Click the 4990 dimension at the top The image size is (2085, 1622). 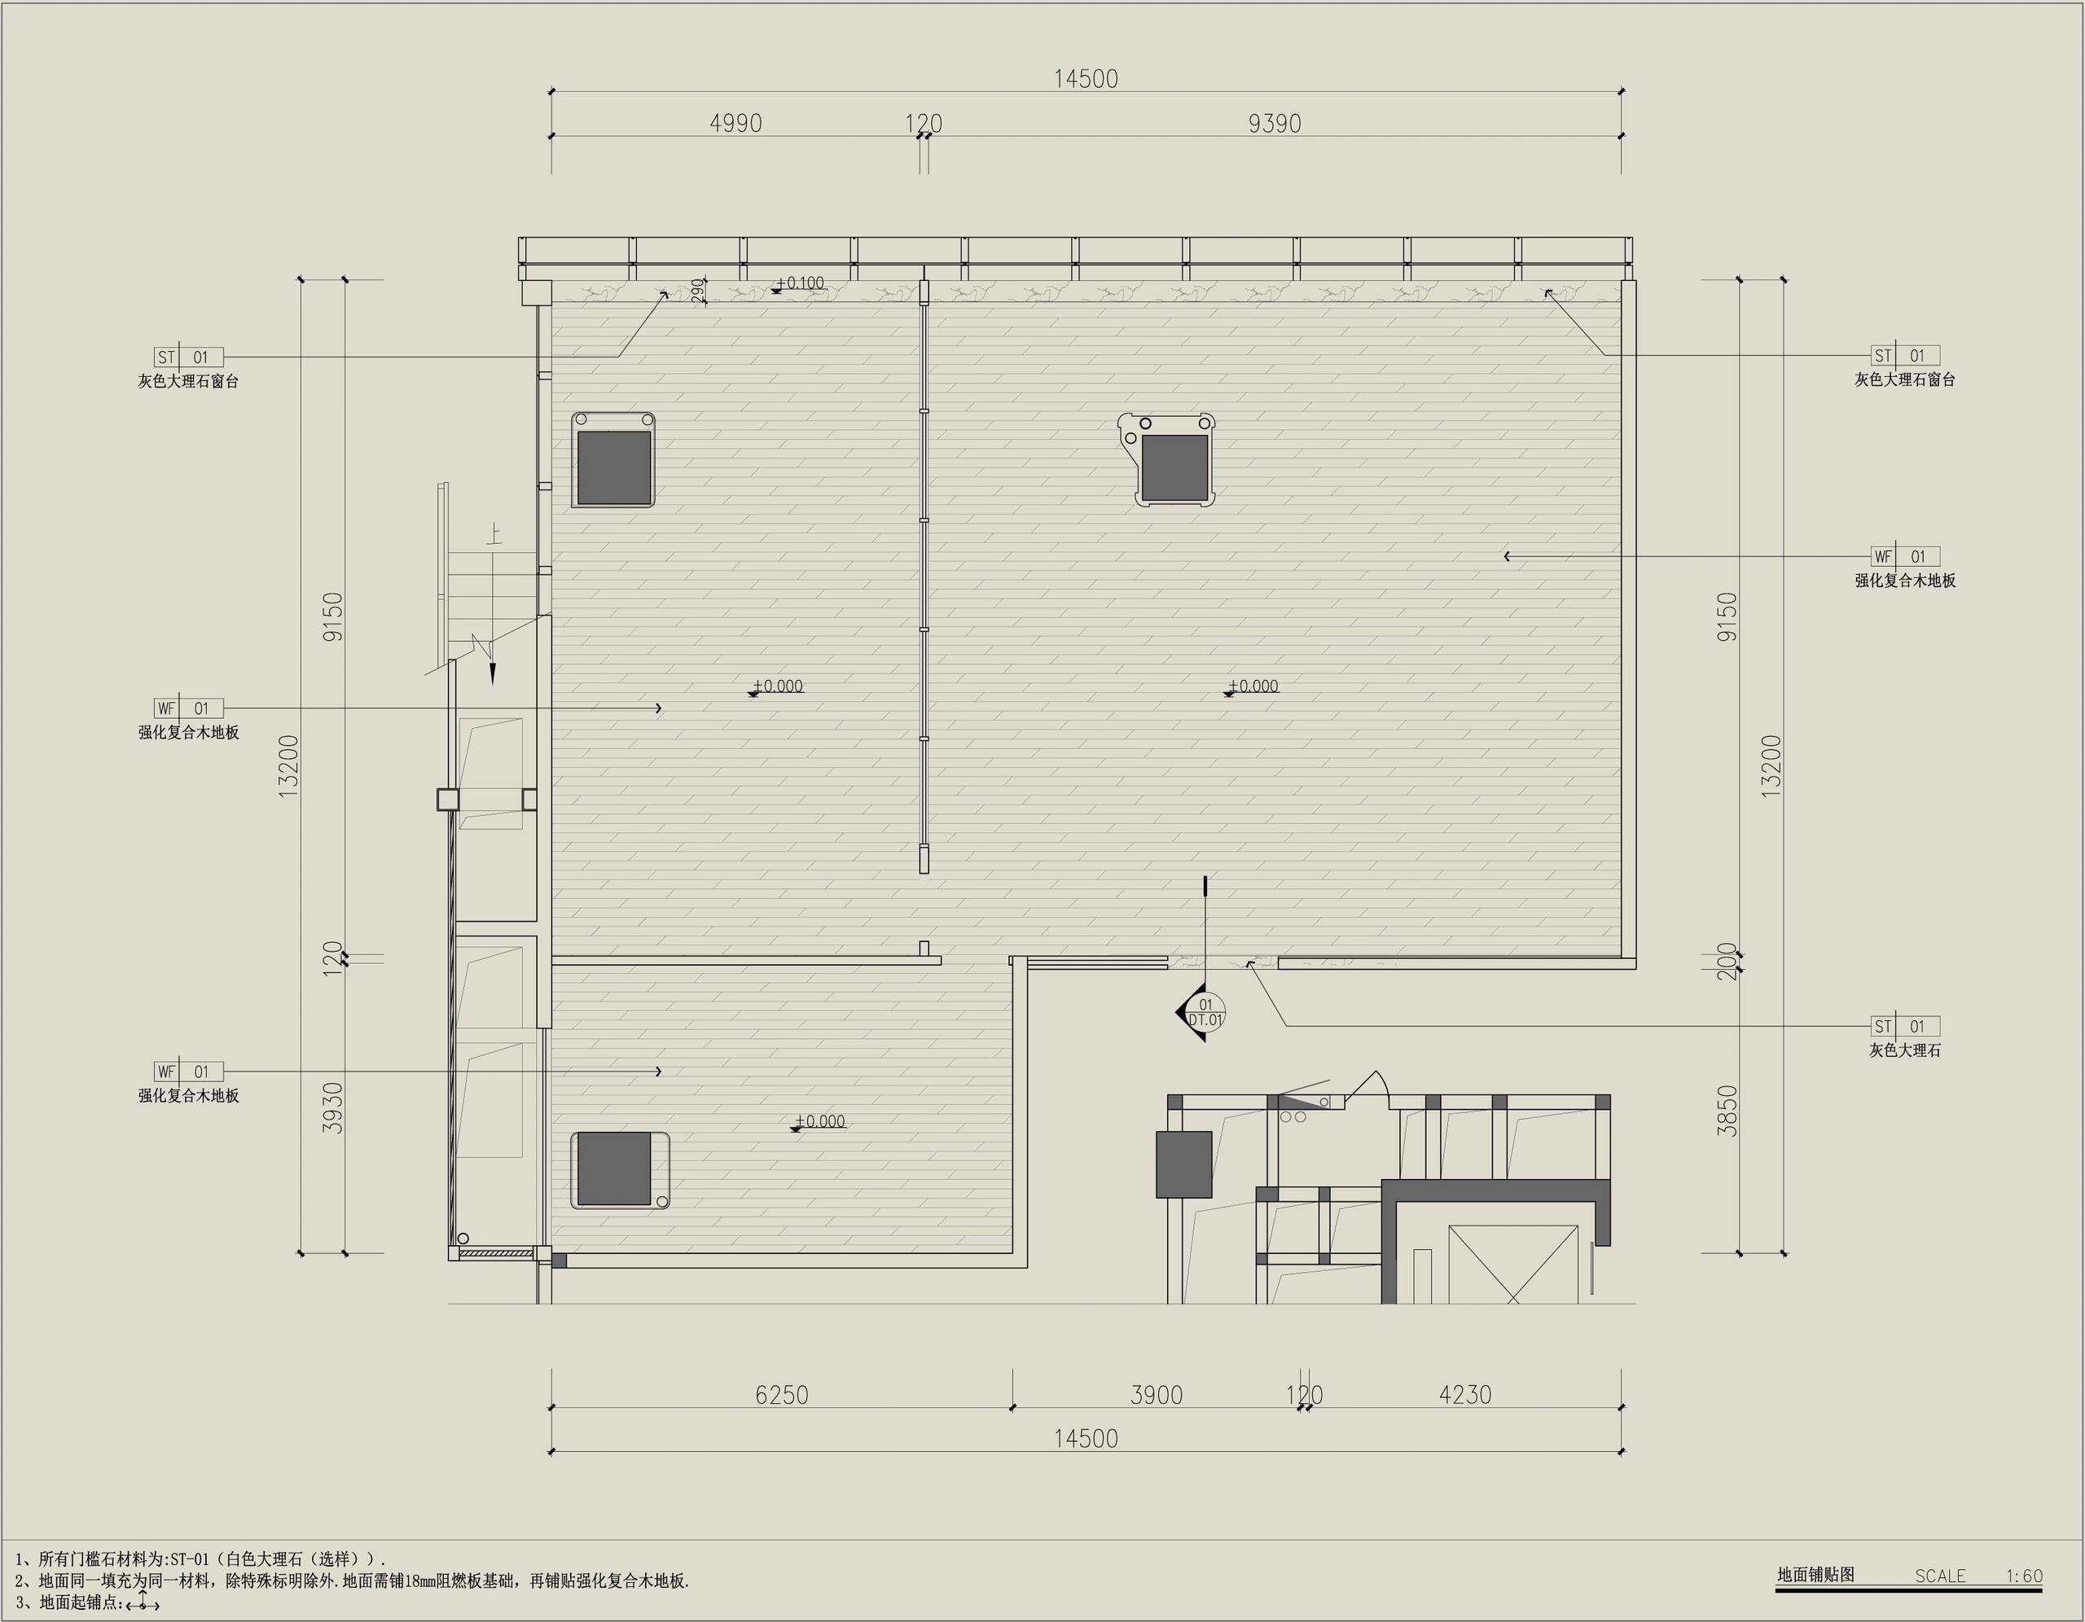pos(735,123)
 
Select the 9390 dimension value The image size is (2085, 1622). pos(1275,123)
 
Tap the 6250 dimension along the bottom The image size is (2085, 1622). pos(782,1395)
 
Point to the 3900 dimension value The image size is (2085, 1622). pos(1156,1395)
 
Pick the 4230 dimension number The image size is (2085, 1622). pos(1464,1395)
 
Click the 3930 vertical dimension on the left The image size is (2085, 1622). pos(332,1107)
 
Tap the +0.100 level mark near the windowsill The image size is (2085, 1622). pos(799,283)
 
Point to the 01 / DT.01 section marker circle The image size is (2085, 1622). pos(1205,1012)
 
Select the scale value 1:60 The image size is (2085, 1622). pos(2024,1576)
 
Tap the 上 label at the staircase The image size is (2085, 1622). pos(494,533)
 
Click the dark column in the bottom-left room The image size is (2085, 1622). pos(615,1169)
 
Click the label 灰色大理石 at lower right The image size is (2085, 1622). pos(1904,1050)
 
